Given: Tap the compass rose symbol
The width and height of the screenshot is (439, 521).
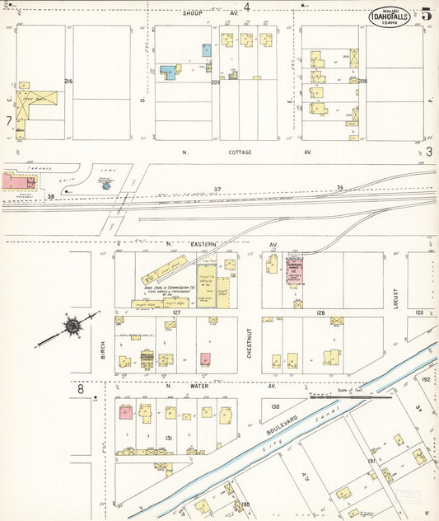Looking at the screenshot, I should [x=72, y=327].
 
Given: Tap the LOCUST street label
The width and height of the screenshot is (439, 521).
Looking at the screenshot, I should [x=395, y=298].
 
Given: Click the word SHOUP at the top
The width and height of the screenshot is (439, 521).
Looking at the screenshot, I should [x=193, y=14].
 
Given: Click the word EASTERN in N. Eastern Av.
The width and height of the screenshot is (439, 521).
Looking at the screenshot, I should [x=203, y=244].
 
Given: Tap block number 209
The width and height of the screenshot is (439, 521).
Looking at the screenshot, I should [x=216, y=82].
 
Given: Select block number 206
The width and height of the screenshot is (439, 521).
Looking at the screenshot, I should [x=362, y=81].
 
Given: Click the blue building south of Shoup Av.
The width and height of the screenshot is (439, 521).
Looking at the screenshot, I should [x=170, y=72].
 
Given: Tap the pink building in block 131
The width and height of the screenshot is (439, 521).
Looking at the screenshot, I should [x=126, y=412].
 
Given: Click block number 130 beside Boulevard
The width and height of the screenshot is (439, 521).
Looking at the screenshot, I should [x=275, y=406].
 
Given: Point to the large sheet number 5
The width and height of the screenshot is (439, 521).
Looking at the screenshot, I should [x=426, y=14].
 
